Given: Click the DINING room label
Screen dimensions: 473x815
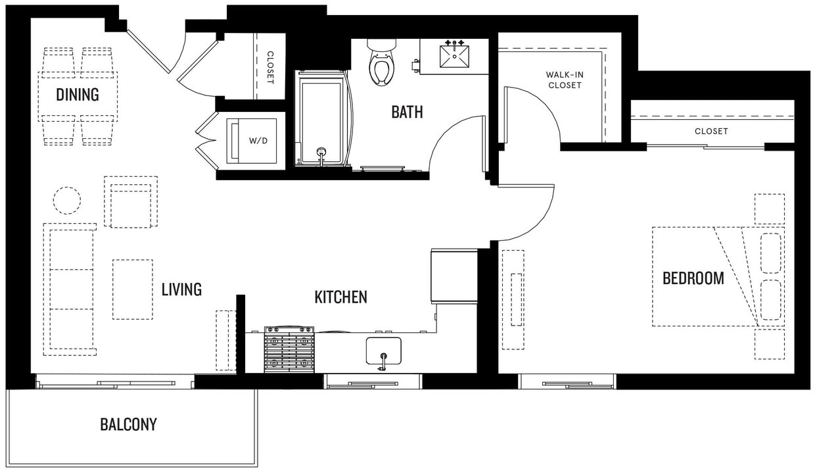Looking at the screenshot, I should pyautogui.click(x=77, y=95).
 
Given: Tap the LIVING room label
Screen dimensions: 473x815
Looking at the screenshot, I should pyautogui.click(x=181, y=289).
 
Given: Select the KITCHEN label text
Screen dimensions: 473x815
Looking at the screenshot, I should pyautogui.click(x=340, y=297).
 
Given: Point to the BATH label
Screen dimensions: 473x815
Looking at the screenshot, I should pyautogui.click(x=407, y=112).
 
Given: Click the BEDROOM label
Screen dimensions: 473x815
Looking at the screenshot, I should pyautogui.click(x=693, y=278).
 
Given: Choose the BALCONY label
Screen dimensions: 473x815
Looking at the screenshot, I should pyautogui.click(x=128, y=424).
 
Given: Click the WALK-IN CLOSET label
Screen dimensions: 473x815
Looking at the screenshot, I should pyautogui.click(x=565, y=80).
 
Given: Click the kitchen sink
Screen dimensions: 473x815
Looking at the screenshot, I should pyautogui.click(x=383, y=351).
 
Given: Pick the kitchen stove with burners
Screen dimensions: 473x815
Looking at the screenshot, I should pyautogui.click(x=289, y=350).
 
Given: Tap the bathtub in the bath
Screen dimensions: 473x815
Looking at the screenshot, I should pyautogui.click(x=322, y=118).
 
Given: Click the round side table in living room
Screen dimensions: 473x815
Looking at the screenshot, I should pyautogui.click(x=66, y=200).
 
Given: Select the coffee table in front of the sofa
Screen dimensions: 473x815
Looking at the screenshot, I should pyautogui.click(x=132, y=289).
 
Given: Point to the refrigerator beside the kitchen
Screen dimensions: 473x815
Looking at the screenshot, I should pyautogui.click(x=454, y=276).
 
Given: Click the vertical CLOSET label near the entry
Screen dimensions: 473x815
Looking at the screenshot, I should pyautogui.click(x=269, y=68).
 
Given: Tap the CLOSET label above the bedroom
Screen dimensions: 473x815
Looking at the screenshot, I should pyautogui.click(x=711, y=132).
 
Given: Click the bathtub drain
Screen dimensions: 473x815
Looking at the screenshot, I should pyautogui.click(x=321, y=152).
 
